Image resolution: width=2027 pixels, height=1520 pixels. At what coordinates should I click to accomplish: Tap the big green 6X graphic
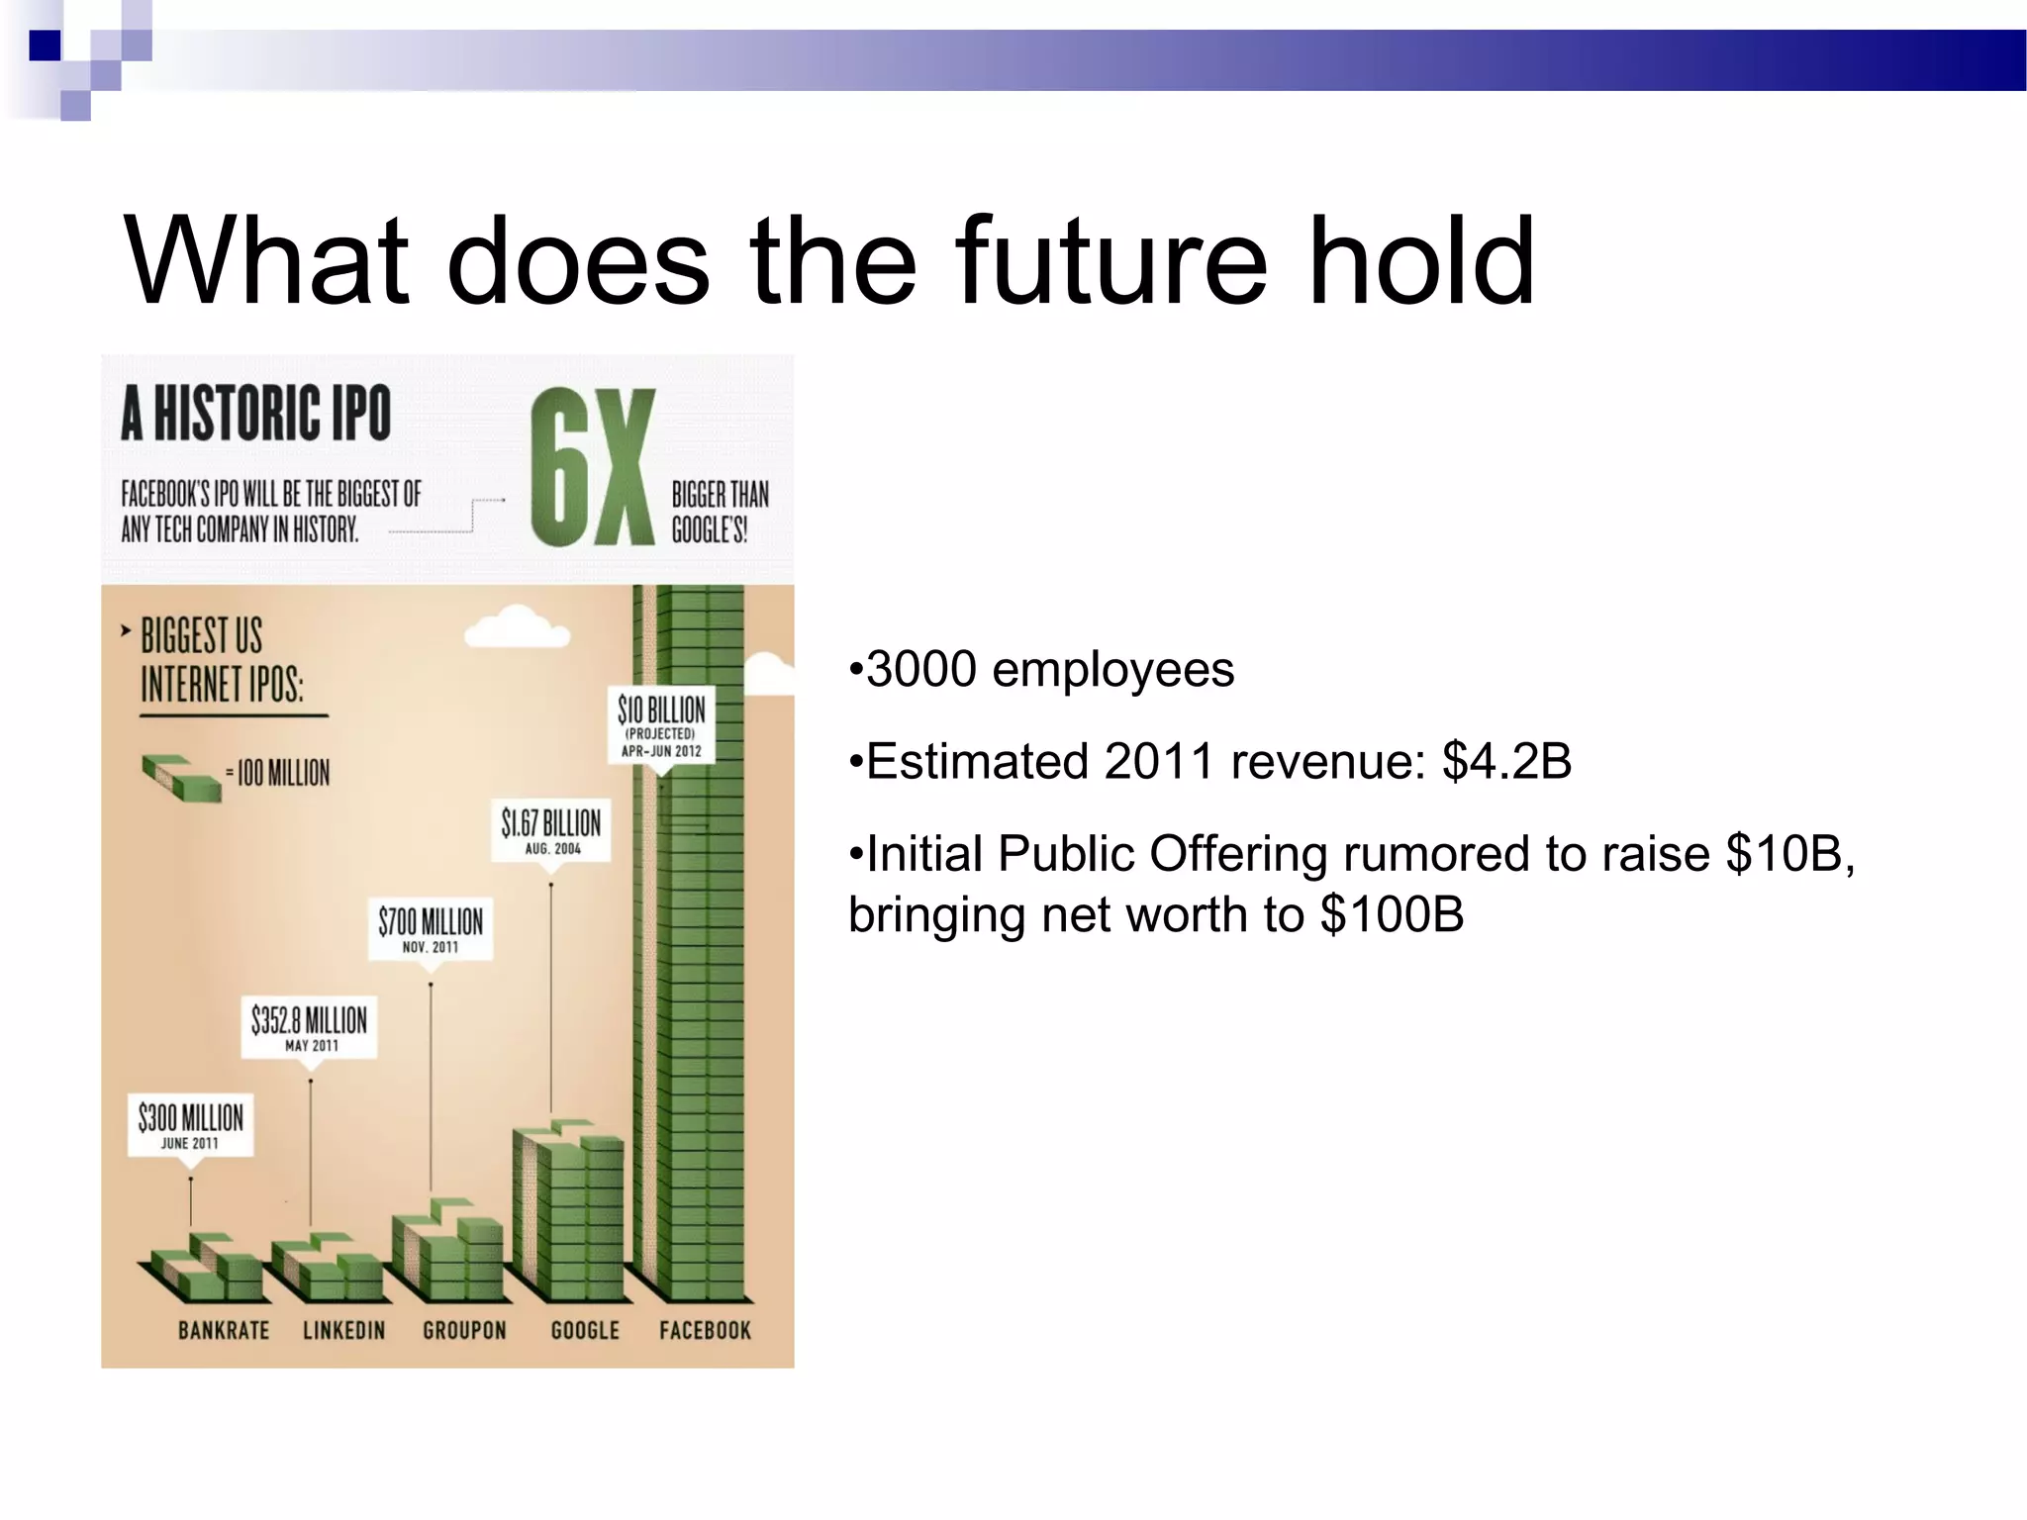592,467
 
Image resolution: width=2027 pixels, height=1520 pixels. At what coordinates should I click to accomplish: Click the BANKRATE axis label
224,1330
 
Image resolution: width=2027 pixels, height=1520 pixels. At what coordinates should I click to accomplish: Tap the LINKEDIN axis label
343,1330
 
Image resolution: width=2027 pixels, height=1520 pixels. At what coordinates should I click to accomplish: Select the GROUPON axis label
464,1330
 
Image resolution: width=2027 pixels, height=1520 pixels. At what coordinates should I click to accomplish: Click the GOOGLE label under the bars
585,1330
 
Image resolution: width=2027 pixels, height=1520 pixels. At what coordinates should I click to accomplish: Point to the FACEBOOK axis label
705,1330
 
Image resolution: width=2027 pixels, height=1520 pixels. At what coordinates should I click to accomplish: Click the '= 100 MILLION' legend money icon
181,777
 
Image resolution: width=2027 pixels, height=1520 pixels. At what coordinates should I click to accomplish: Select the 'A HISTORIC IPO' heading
256,414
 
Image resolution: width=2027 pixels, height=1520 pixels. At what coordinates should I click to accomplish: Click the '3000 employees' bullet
1041,670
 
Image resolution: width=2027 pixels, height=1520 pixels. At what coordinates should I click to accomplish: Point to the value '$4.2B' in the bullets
1506,762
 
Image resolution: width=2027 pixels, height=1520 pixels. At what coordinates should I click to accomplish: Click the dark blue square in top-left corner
45,46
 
